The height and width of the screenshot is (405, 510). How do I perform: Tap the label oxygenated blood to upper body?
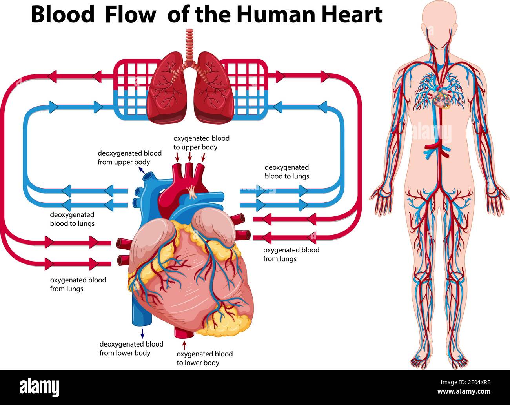[x=201, y=143]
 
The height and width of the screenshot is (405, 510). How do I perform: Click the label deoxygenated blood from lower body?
[x=131, y=348]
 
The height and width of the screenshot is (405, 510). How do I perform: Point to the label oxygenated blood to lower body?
[x=204, y=358]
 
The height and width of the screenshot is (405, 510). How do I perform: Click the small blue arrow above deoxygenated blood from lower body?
[x=142, y=333]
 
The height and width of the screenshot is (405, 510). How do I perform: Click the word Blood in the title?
[x=63, y=15]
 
